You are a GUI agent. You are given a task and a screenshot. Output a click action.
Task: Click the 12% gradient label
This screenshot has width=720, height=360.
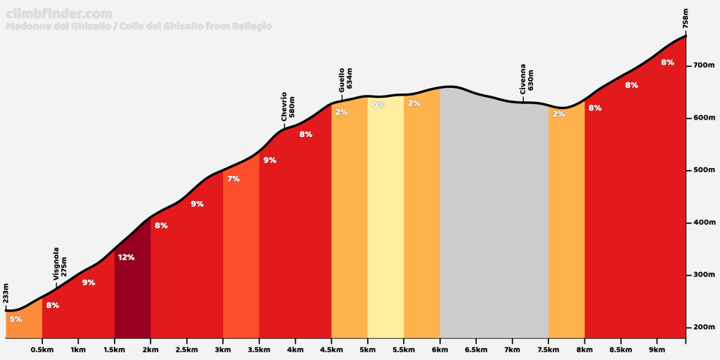click(x=126, y=257)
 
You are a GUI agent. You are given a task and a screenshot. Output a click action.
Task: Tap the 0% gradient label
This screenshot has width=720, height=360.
click(x=378, y=105)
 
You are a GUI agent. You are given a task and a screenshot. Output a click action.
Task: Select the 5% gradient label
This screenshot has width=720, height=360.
click(x=15, y=319)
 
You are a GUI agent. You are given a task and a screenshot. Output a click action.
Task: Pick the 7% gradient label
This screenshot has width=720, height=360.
click(x=233, y=179)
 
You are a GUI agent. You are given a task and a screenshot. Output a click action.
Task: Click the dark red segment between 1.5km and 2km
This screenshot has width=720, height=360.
click(x=132, y=302)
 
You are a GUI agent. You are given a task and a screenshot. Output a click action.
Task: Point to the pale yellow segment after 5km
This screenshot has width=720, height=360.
click(x=385, y=225)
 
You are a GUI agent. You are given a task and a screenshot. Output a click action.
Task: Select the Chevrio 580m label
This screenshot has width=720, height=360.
click(x=288, y=107)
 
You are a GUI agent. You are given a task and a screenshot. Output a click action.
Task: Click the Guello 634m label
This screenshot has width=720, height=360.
click(x=345, y=80)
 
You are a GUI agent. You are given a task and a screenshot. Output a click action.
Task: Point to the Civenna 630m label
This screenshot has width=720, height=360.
click(x=527, y=82)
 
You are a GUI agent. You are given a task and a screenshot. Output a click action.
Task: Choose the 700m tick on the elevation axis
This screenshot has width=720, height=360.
click(x=703, y=65)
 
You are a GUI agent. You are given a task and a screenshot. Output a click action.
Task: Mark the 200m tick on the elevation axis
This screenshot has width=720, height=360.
click(x=703, y=328)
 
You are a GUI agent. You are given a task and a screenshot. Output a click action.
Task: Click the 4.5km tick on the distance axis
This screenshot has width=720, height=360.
click(x=331, y=349)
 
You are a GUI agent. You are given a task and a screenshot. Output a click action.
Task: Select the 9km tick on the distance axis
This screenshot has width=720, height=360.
click(x=657, y=349)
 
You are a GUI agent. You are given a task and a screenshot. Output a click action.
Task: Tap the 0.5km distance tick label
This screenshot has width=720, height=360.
click(x=42, y=349)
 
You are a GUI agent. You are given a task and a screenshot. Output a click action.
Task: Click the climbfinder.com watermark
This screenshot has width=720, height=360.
click(x=59, y=14)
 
